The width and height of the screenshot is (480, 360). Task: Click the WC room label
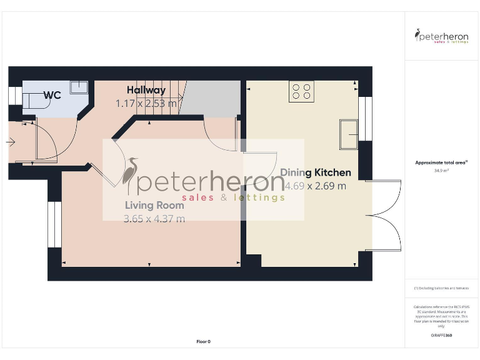point(52,95)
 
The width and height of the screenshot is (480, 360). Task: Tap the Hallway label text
point(146,91)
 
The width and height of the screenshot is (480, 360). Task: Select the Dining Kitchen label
point(315,172)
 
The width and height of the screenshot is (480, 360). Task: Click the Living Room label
point(154,205)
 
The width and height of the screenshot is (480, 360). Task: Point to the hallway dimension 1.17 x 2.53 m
point(146,103)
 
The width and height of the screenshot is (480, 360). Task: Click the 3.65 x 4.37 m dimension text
point(154,219)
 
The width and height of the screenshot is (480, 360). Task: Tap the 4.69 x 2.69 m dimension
point(315,186)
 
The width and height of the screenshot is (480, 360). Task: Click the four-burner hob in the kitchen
point(301,92)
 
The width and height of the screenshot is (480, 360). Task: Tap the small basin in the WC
point(79,87)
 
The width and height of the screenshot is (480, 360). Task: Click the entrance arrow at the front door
point(9,142)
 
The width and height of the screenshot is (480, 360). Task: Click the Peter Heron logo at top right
point(442,36)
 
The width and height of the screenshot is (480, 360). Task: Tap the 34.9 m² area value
point(441,170)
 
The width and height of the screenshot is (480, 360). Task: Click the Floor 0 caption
point(204,342)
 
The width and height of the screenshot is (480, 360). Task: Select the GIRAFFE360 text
point(441,336)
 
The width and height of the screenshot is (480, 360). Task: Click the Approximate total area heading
point(441,162)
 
